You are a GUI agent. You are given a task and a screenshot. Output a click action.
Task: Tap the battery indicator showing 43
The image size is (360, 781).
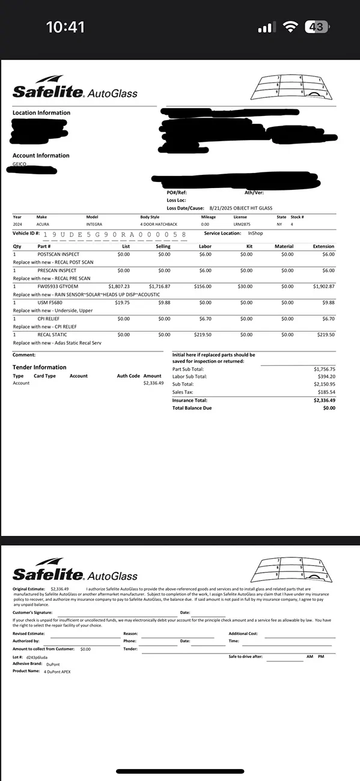(317, 27)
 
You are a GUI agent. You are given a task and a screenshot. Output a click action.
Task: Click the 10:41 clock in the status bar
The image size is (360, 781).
(66, 27)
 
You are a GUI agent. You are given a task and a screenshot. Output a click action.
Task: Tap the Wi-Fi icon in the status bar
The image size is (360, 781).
(291, 27)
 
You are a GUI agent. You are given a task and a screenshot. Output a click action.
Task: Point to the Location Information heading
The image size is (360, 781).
(41, 113)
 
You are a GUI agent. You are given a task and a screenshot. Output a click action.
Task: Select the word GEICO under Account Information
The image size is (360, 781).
(19, 163)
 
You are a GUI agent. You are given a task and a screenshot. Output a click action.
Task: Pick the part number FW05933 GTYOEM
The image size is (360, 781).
(56, 287)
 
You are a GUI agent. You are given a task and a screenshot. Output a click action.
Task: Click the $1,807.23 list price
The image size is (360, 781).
(118, 287)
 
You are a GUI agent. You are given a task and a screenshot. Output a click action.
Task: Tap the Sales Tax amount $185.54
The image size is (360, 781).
(325, 392)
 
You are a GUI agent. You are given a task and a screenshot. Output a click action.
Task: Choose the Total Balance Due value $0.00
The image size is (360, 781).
(329, 408)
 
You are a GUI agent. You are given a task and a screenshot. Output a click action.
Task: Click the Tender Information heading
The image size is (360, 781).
(40, 367)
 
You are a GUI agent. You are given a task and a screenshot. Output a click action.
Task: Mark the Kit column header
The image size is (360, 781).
(249, 246)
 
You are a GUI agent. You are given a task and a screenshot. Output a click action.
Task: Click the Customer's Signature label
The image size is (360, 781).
(32, 612)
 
